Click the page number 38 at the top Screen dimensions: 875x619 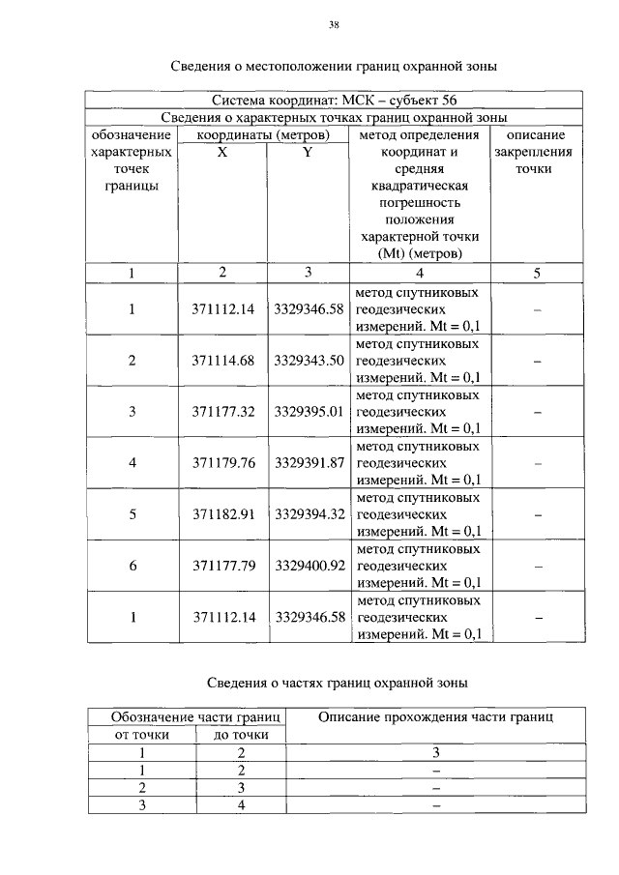click(333, 26)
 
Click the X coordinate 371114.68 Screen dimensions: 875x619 click(222, 361)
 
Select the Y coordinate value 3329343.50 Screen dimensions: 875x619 click(309, 361)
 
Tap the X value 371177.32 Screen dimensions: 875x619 click(222, 412)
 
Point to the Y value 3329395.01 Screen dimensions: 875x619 click(309, 412)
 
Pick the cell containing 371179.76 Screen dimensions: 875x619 click(222, 463)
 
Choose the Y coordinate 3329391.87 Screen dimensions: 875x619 click(309, 463)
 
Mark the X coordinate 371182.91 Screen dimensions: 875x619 click(222, 514)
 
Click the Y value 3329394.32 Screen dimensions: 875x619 click(309, 514)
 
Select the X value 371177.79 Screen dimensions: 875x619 click(222, 566)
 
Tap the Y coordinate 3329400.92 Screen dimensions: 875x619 click(309, 566)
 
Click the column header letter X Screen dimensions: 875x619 click(222, 153)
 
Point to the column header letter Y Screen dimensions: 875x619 click(308, 153)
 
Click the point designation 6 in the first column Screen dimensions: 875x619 click(133, 566)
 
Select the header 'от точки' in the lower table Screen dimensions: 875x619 click(141, 735)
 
